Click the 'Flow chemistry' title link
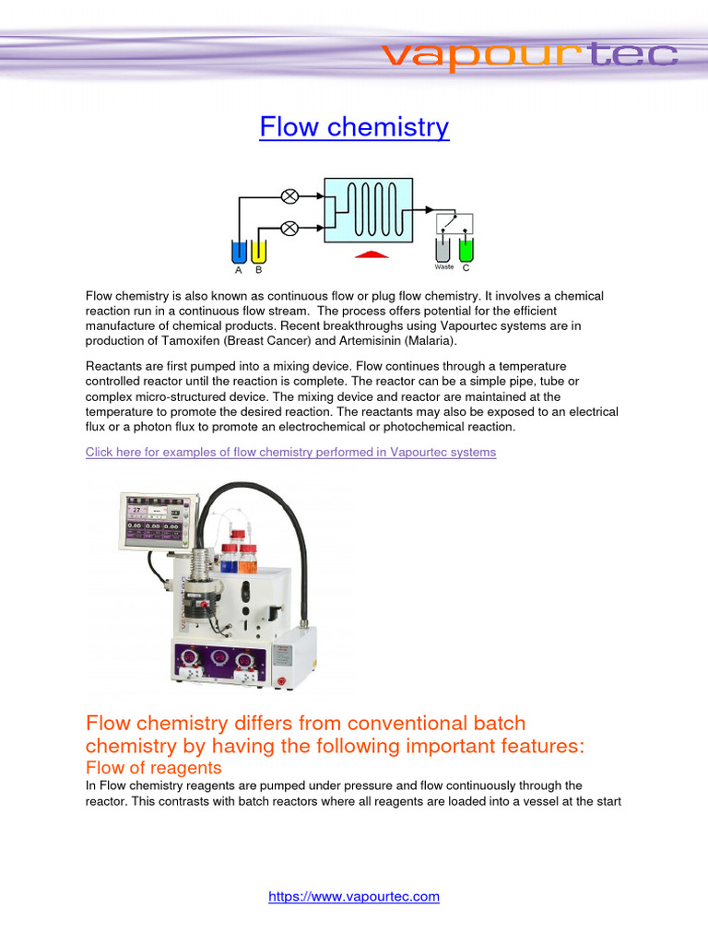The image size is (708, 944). tap(354, 126)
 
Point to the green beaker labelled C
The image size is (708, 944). tap(466, 249)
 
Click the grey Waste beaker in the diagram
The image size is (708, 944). tap(443, 249)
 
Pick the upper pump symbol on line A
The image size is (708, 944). tap(289, 195)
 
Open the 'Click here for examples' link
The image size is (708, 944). tap(290, 452)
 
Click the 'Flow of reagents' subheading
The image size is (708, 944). tap(153, 767)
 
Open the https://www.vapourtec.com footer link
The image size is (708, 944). tap(354, 896)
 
